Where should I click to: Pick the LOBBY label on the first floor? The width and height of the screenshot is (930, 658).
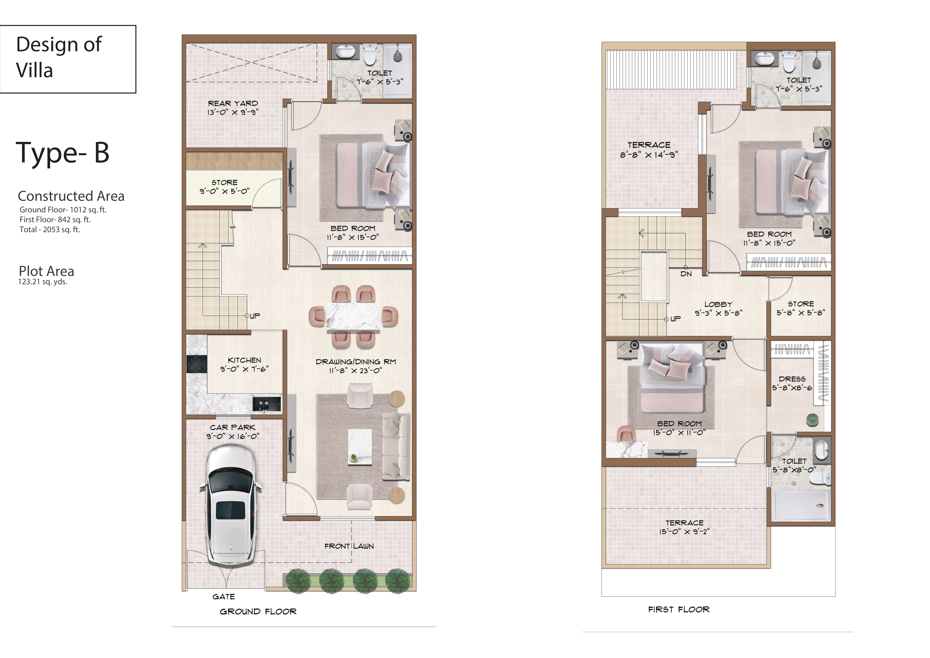tap(718, 304)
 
